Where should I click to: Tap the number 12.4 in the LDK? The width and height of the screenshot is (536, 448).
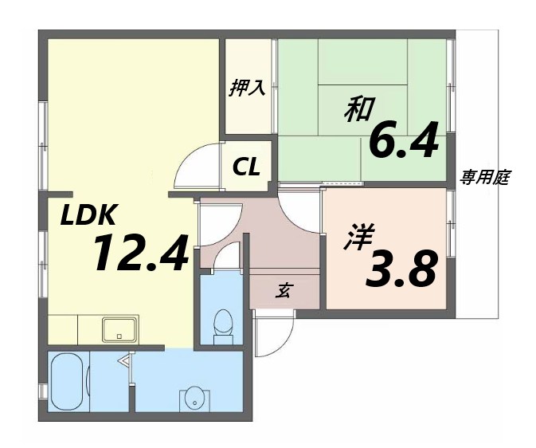point(140,253)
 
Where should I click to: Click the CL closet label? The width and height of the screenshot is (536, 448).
point(246,167)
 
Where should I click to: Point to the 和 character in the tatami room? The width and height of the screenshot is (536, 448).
point(358,108)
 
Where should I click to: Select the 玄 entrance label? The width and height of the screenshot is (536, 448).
point(283,291)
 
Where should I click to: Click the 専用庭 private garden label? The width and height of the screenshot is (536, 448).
point(484,178)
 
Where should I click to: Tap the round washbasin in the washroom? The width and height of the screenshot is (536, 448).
point(193,397)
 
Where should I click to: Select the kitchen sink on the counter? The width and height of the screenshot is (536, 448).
point(119,327)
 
